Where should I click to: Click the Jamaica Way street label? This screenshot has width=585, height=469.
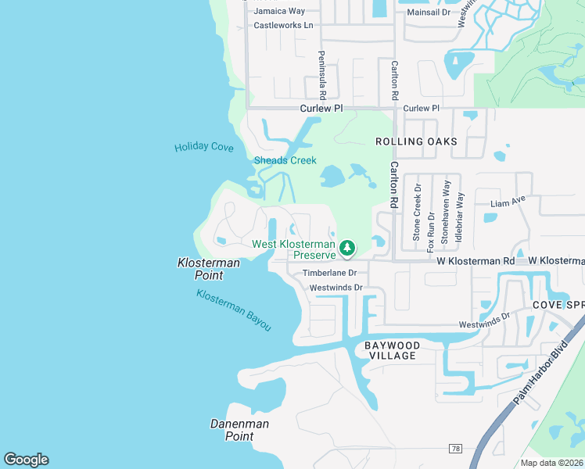coord(279,12)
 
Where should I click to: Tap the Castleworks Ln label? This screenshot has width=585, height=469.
coord(283,26)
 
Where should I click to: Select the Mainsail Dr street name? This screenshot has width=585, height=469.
coord(424,12)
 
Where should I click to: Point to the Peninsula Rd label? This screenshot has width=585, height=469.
coord(321,70)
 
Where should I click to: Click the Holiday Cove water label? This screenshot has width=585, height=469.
coord(203,147)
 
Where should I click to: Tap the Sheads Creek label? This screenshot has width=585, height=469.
coord(285,160)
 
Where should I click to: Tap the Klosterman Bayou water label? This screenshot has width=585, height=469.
coord(234,310)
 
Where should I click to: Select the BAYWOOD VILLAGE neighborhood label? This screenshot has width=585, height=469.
coord(393,350)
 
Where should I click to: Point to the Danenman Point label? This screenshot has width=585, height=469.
coord(239,430)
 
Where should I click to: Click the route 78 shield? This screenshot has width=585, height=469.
coord(455,448)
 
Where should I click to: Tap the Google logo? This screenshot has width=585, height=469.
coord(26,460)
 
